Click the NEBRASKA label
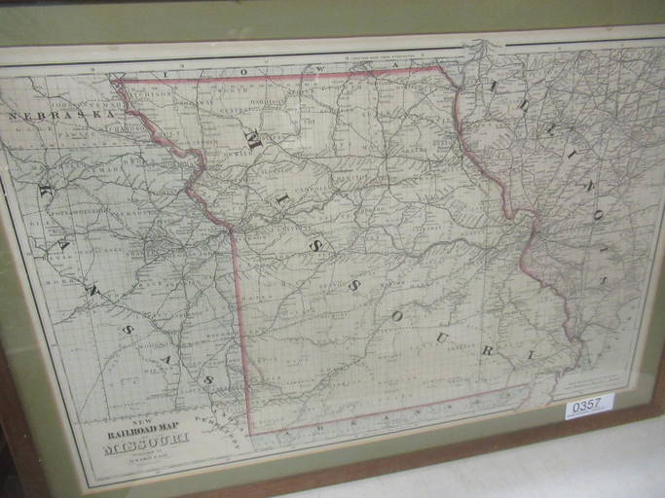pyautogui.click(x=60, y=115)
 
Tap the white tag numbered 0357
pyautogui.click(x=588, y=405)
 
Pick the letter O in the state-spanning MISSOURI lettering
pyautogui.click(x=397, y=316)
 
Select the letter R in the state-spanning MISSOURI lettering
pyautogui.click(x=489, y=349)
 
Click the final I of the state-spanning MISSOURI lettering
pyautogui.click(x=531, y=356)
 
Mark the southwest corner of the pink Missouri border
pyautogui.click(x=249, y=433)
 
